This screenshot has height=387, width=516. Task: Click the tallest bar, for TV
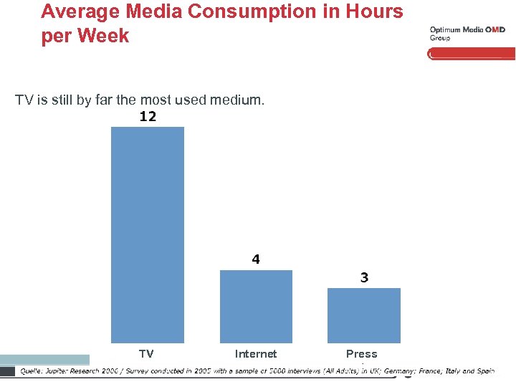click(147, 234)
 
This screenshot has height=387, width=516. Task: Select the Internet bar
click(256, 306)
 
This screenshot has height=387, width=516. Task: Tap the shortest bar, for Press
click(364, 315)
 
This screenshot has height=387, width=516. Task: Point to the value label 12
click(148, 117)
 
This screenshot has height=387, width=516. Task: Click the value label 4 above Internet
click(256, 260)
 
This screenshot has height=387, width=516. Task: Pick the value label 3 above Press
click(364, 278)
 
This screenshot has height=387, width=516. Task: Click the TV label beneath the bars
click(146, 354)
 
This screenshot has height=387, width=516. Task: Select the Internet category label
click(256, 354)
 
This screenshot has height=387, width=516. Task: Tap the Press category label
click(361, 354)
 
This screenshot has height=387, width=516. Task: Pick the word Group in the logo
click(440, 38)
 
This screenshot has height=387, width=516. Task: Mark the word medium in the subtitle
click(236, 100)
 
